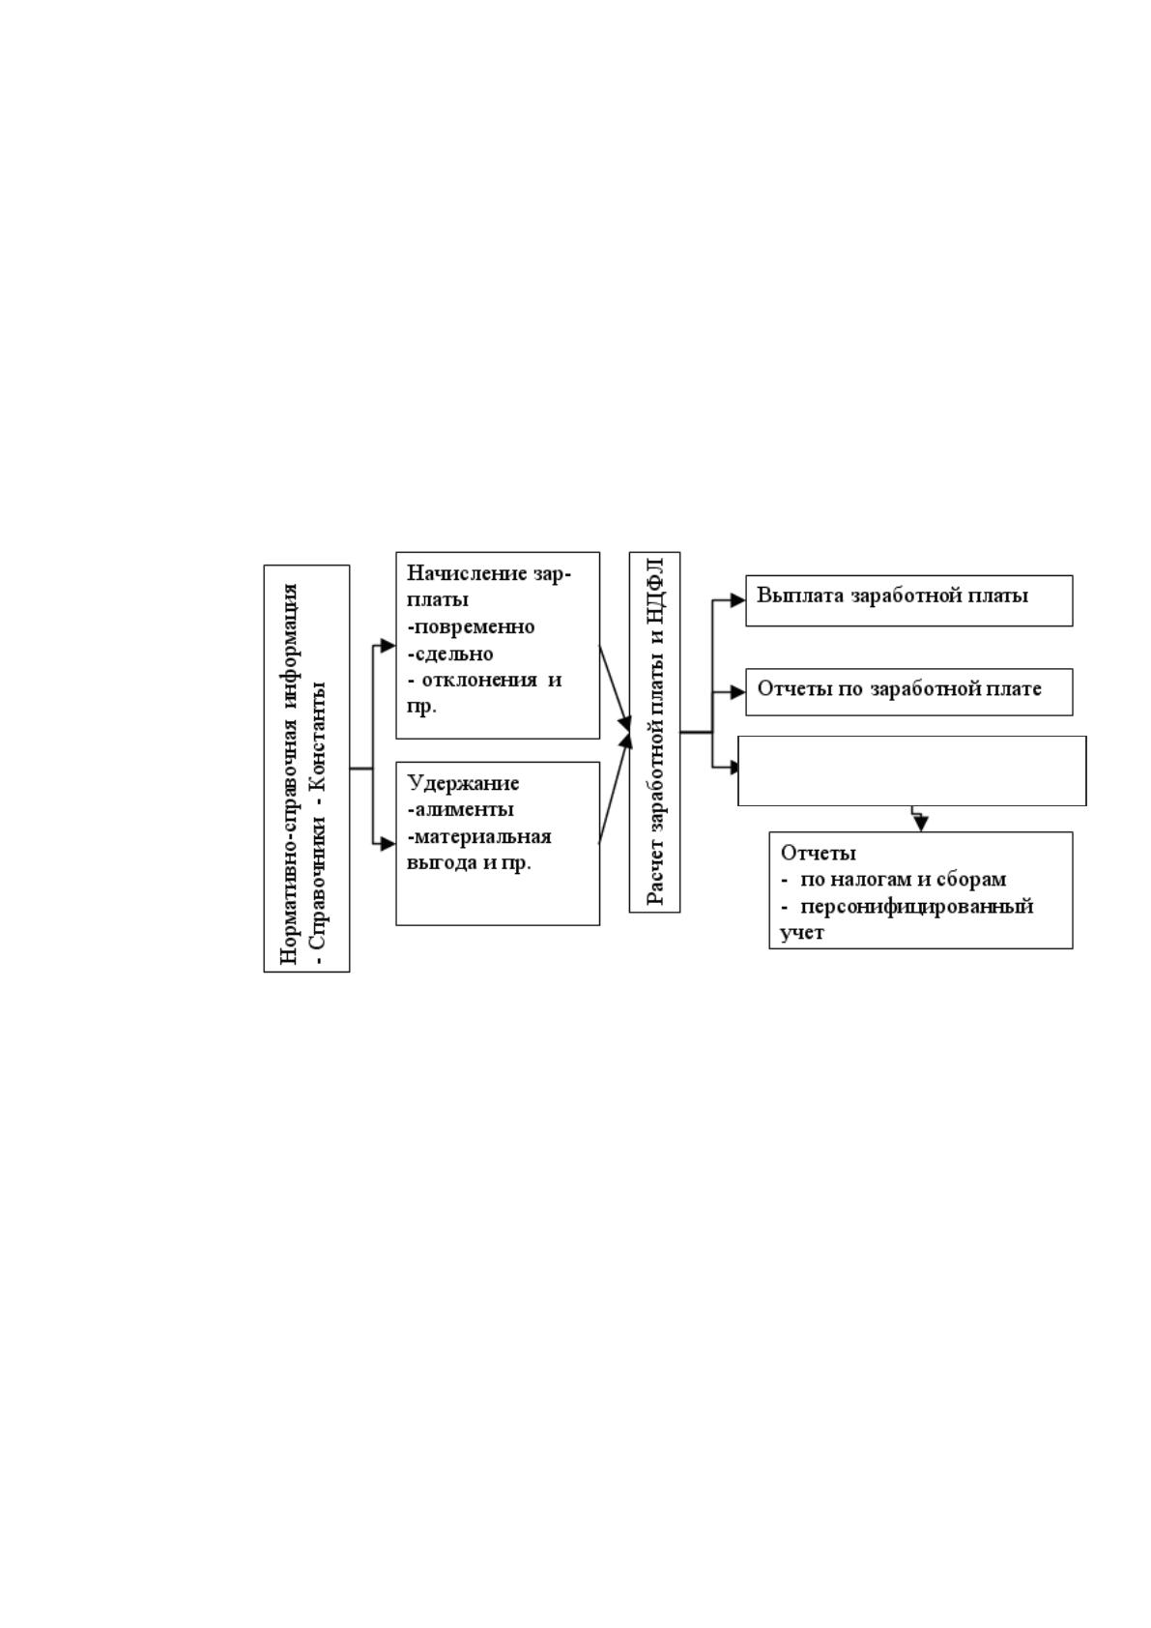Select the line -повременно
[471, 626]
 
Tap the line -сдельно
[450, 654]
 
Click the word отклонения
[479, 681]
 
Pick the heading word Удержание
[463, 783]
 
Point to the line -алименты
[461, 809]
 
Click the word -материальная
[479, 836]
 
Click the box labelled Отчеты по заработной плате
[909, 692]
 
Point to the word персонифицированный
[917, 906]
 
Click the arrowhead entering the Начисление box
[388, 646]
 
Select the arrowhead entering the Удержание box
[388, 844]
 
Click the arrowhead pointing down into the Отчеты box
[921, 825]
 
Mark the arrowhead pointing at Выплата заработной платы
[737, 600]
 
